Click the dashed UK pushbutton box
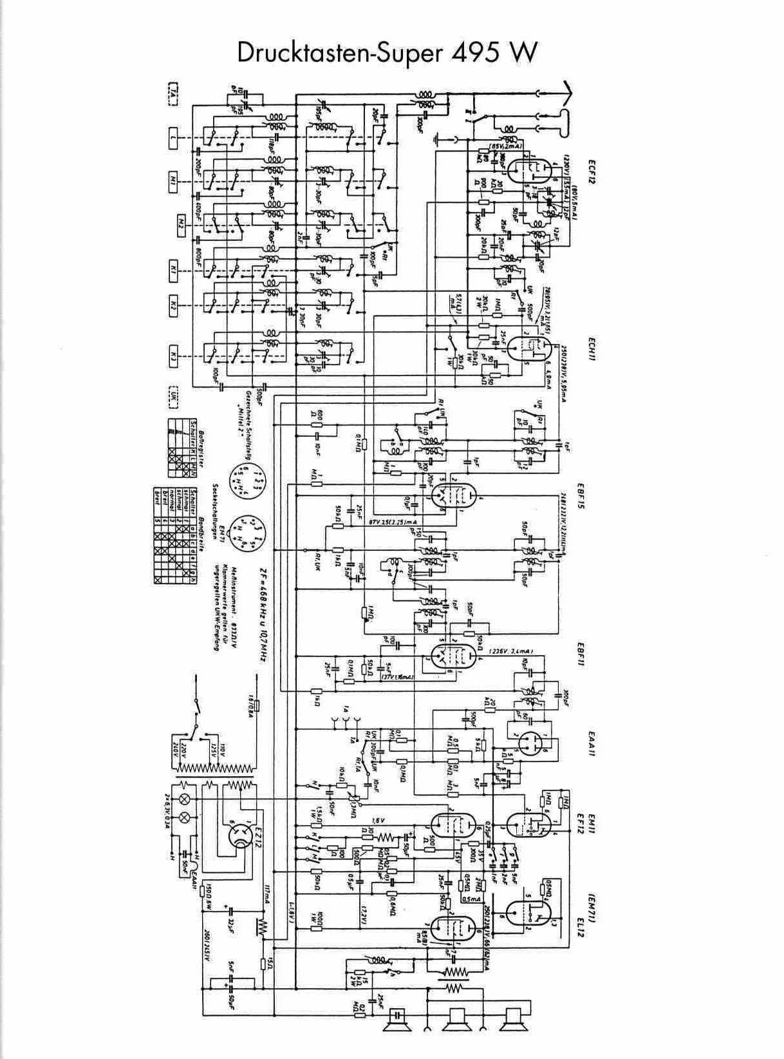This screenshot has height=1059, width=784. tap(173, 397)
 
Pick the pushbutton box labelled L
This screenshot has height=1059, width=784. tap(173, 137)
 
